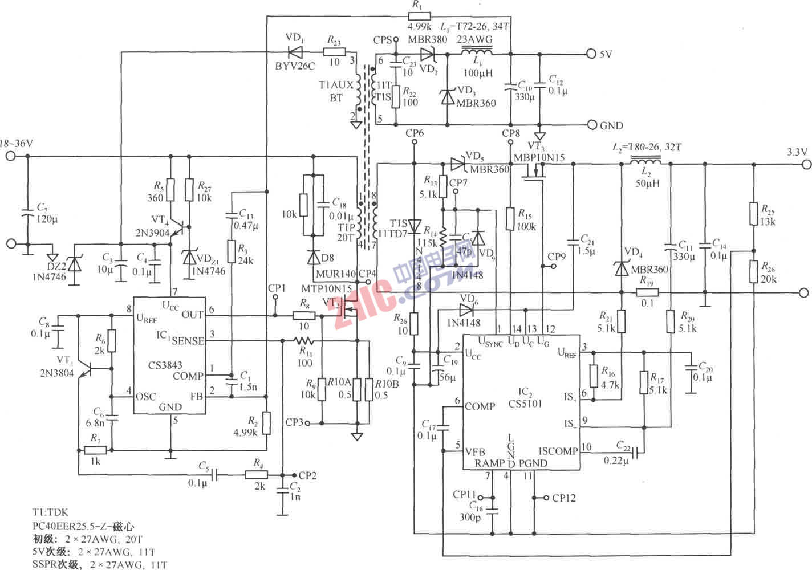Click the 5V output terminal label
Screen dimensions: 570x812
(606, 55)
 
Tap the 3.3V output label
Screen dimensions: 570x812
(797, 152)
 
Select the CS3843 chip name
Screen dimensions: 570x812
(165, 365)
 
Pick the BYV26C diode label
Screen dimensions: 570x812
(295, 66)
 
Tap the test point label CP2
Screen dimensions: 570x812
(307, 475)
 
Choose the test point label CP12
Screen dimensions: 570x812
(563, 498)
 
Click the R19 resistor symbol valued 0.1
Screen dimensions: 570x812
(647, 292)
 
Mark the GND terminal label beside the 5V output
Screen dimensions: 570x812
(611, 125)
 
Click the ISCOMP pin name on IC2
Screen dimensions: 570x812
(558, 451)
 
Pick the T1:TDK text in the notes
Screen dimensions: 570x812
(51, 513)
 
